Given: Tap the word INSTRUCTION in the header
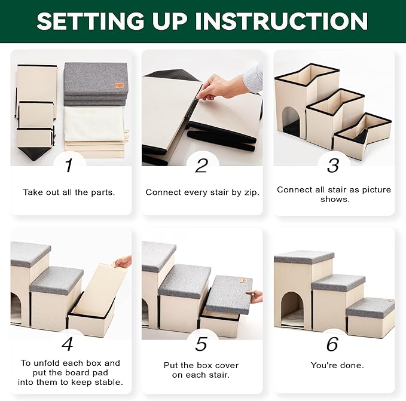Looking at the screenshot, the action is (282, 21).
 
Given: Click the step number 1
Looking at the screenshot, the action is (69, 166).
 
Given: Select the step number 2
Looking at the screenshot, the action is (202, 166).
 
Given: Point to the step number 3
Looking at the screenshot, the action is (333, 166).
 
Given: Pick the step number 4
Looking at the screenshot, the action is (68, 344).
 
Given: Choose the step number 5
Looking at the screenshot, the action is (201, 344).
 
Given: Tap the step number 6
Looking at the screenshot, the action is (332, 344).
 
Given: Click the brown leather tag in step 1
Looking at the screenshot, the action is (120, 85).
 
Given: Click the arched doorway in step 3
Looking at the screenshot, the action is (291, 120).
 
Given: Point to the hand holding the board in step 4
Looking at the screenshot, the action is (124, 262).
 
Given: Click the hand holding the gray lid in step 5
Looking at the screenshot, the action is (255, 296).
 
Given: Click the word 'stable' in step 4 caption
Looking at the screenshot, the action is (110, 382).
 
